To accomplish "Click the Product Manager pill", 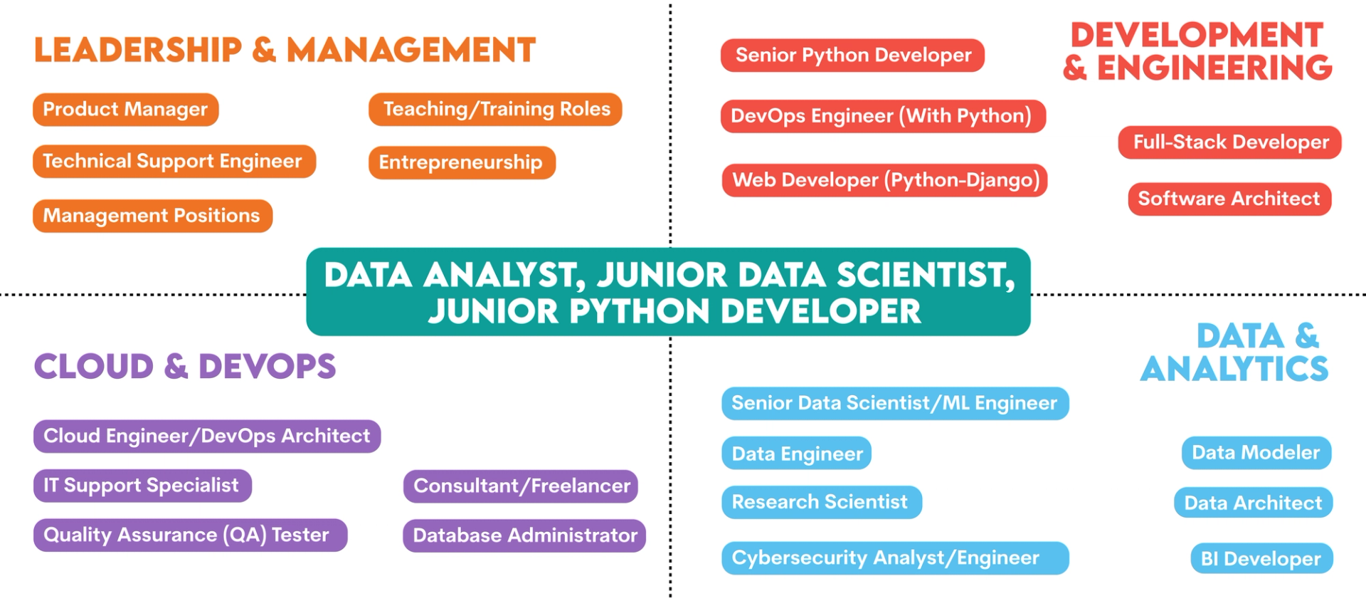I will pos(125,110).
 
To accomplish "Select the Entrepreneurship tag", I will pos(461,162).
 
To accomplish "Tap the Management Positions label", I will pos(152,216).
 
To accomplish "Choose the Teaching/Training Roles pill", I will pos(495,110).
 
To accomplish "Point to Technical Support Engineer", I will pos(174,162).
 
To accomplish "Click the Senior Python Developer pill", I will pos(852,56).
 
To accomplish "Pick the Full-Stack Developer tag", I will pos(1229,142).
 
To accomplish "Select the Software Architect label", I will pos(1229,199).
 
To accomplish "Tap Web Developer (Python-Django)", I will pos(884,180).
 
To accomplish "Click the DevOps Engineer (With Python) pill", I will pos(882,116).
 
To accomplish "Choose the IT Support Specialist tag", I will pos(142,486).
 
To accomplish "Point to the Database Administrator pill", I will pos(524,535).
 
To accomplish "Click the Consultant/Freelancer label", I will pos(521,486).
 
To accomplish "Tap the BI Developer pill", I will pos(1261,559).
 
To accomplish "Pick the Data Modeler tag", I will pos(1256,453).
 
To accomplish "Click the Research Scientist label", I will pos(821,503).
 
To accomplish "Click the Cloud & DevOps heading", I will pos(185,367).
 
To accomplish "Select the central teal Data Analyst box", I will pos(668,292).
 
